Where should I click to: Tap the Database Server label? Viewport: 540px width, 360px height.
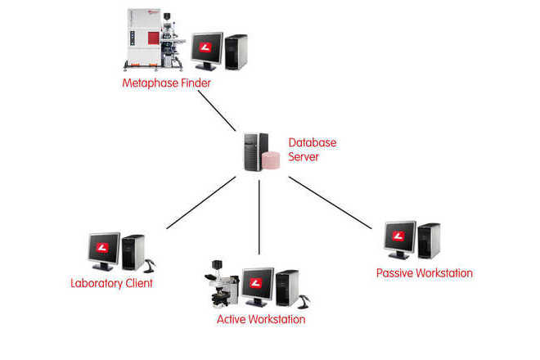[312, 149]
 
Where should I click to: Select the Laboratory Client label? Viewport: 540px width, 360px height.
[111, 284]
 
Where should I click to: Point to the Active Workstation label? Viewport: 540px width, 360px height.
[260, 319]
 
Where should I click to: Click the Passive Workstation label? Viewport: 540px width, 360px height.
[424, 272]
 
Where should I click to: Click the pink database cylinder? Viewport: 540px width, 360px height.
[270, 160]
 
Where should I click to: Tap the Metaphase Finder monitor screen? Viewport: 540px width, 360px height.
[207, 50]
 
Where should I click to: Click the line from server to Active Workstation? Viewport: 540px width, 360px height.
[259, 217]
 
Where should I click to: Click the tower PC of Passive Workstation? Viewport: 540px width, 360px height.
[429, 241]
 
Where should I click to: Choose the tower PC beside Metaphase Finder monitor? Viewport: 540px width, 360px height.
[236, 52]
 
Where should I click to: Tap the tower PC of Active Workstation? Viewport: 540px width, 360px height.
[287, 287]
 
